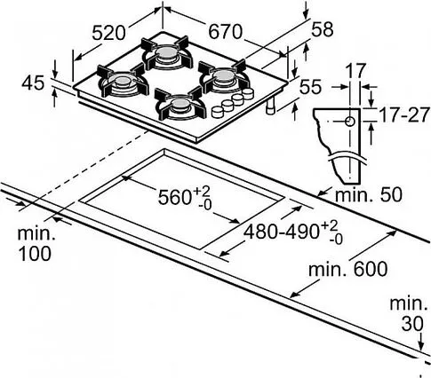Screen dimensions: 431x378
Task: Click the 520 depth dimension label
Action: (108, 33)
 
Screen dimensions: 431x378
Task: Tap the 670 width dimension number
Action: (226, 32)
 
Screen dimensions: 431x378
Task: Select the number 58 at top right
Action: (323, 29)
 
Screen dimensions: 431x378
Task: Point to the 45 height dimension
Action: (33, 83)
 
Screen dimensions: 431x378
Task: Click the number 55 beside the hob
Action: (310, 87)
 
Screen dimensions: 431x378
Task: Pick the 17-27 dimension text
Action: (404, 115)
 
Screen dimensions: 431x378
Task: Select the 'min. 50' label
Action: (369, 195)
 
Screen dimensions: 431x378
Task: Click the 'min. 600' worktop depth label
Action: (348, 269)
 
